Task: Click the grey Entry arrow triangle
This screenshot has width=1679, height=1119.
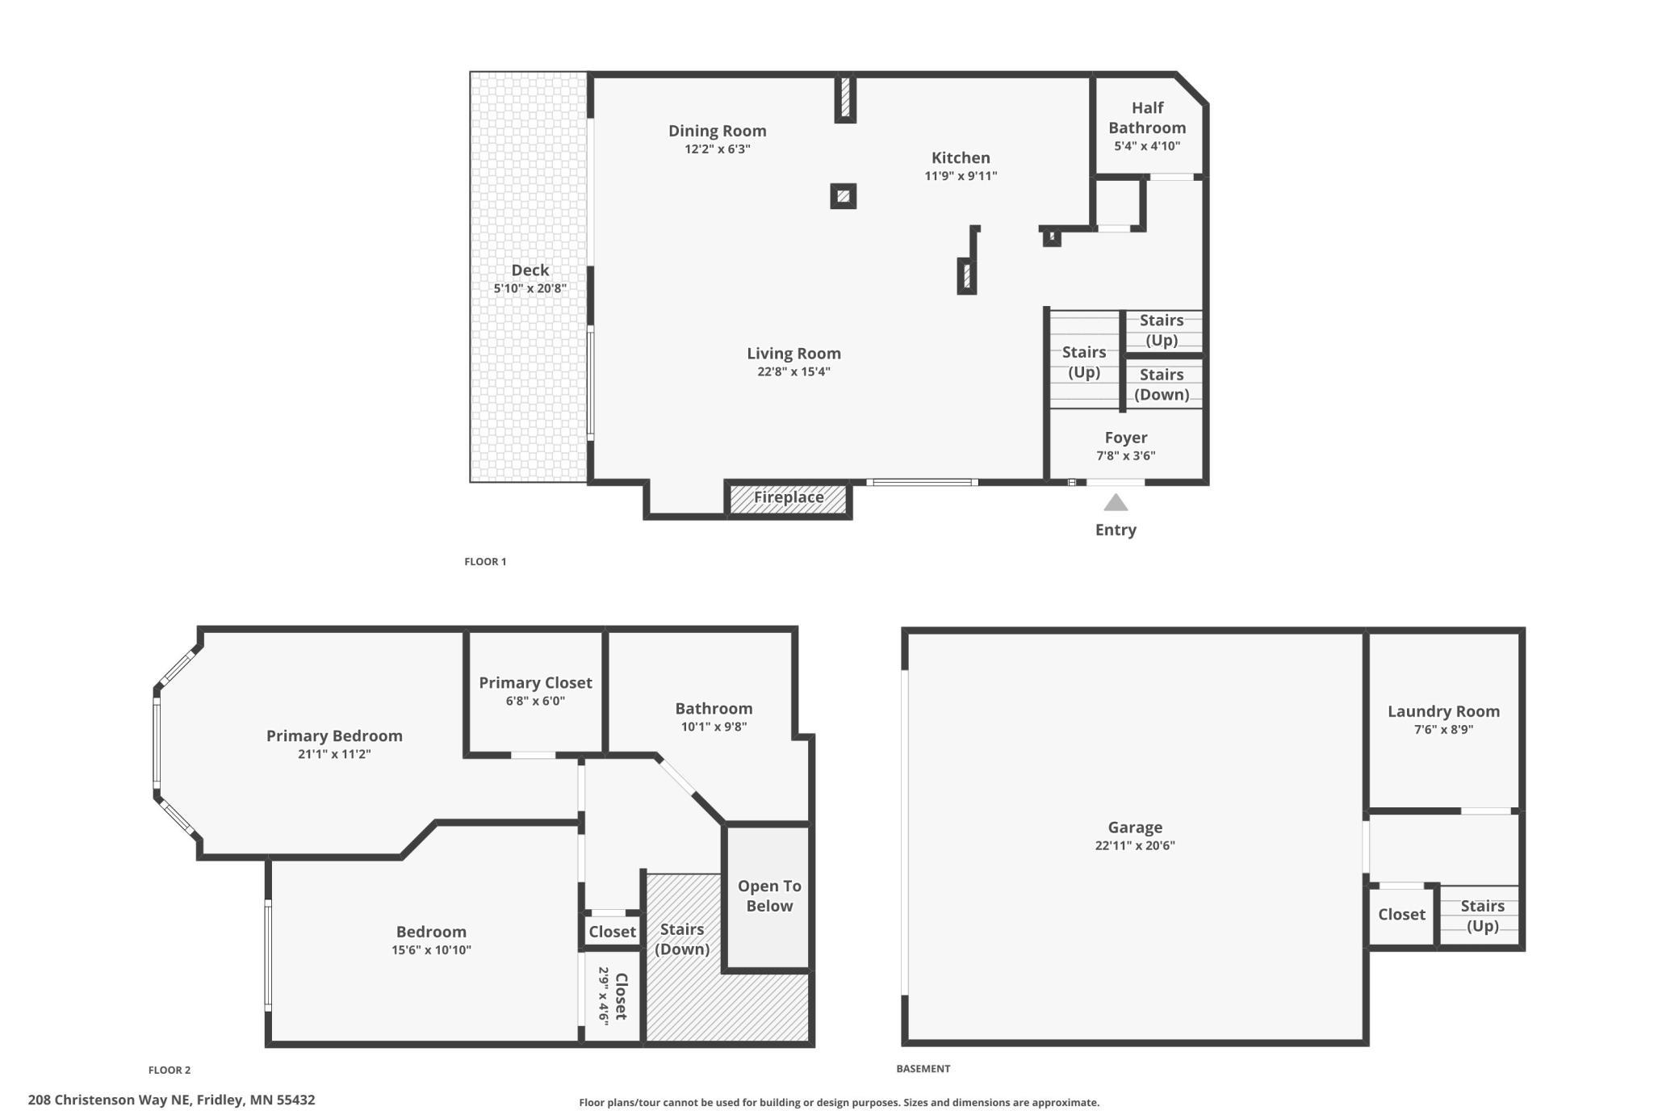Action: (x=1116, y=504)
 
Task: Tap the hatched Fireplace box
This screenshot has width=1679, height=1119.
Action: (x=789, y=498)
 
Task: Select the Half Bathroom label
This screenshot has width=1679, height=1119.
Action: (x=1147, y=118)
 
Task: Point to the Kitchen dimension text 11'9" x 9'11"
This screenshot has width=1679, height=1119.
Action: (x=961, y=176)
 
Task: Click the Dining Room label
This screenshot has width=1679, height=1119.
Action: (x=717, y=131)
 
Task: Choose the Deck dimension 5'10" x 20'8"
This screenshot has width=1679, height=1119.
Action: (x=530, y=288)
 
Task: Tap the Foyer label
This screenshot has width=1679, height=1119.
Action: (x=1126, y=438)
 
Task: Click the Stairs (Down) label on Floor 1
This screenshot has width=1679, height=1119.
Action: (x=1162, y=384)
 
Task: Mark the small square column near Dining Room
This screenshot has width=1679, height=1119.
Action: (x=843, y=196)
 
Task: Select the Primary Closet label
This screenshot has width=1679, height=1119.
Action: (x=535, y=683)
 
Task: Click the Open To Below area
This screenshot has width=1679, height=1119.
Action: (x=768, y=896)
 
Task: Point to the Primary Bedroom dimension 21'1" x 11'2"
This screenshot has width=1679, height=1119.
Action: (x=334, y=754)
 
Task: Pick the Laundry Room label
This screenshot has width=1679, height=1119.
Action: (x=1443, y=711)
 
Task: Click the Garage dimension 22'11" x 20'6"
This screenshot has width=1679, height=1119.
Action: (x=1135, y=845)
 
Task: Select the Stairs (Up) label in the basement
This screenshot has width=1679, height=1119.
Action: (x=1483, y=916)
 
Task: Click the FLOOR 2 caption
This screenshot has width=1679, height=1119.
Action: (x=170, y=1070)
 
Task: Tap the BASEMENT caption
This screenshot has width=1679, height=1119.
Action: (x=923, y=1068)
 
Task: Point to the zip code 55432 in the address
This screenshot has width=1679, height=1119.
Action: (x=295, y=1100)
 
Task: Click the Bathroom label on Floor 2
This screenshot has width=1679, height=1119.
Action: (x=714, y=709)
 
